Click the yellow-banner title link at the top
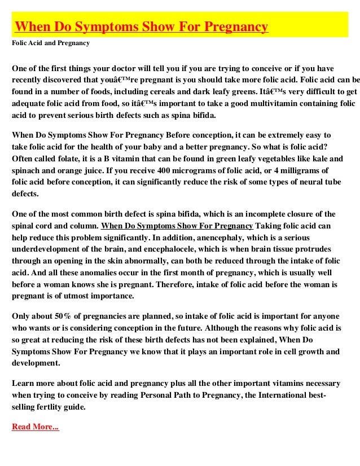[141, 27]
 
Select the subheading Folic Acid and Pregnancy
[50, 43]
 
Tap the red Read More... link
[35, 427]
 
